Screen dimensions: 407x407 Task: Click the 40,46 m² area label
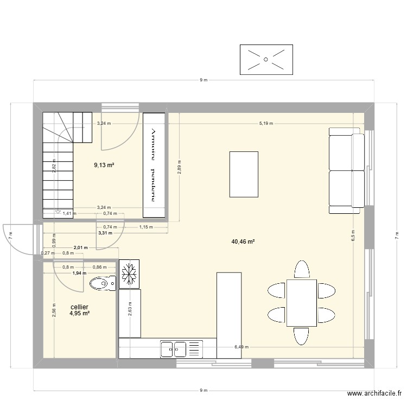(x=243, y=242)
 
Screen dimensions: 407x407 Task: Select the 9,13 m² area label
(x=104, y=165)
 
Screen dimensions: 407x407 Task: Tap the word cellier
(x=79, y=307)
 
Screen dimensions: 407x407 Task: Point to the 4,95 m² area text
(x=79, y=313)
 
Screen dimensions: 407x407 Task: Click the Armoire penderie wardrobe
(x=154, y=165)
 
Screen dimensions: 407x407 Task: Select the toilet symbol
(x=103, y=283)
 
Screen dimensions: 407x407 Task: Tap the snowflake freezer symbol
(x=130, y=274)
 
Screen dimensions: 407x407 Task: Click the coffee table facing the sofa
(x=244, y=174)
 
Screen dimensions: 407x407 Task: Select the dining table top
(x=302, y=302)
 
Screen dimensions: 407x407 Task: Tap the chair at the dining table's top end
(x=302, y=269)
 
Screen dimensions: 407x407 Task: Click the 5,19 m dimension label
(x=266, y=123)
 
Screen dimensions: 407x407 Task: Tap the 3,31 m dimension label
(x=105, y=233)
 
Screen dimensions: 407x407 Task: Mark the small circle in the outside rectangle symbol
(x=266, y=59)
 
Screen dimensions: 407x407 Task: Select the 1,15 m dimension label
(x=145, y=227)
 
